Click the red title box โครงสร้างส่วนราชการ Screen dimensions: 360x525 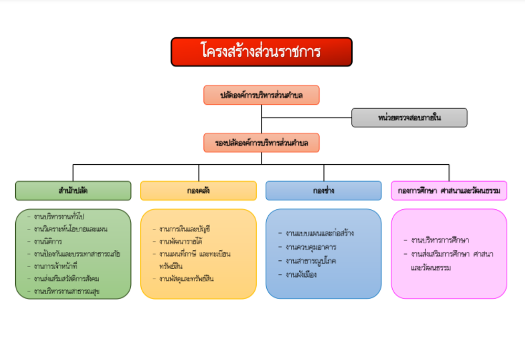(x=261, y=52)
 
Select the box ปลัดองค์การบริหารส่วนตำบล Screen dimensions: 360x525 (x=261, y=95)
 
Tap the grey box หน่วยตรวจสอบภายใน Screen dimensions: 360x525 (x=409, y=118)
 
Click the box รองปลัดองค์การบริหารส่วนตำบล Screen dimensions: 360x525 (x=261, y=143)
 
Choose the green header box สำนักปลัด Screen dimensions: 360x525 (x=73, y=190)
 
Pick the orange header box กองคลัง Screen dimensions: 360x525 (x=198, y=190)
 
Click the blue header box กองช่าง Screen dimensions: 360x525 (x=323, y=190)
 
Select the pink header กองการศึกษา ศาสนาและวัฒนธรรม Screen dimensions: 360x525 (x=449, y=190)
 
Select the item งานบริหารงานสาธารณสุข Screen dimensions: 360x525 (x=67, y=291)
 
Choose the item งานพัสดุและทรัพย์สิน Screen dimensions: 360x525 (x=186, y=279)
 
